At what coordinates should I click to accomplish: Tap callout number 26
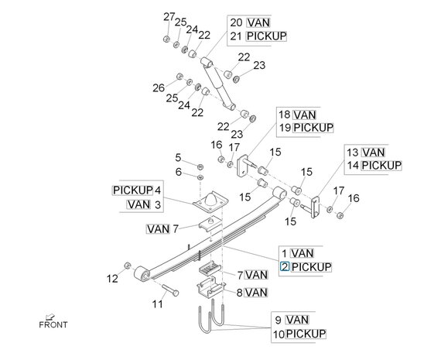click(x=159, y=87)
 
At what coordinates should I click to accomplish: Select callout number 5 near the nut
click(x=177, y=157)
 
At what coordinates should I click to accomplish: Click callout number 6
click(x=177, y=171)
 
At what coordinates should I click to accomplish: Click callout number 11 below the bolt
click(x=157, y=304)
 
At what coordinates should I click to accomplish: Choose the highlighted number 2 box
click(x=285, y=267)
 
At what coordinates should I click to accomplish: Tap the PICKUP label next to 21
click(x=266, y=36)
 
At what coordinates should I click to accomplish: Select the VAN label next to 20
click(x=258, y=22)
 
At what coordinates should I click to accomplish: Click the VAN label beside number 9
click(x=297, y=319)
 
